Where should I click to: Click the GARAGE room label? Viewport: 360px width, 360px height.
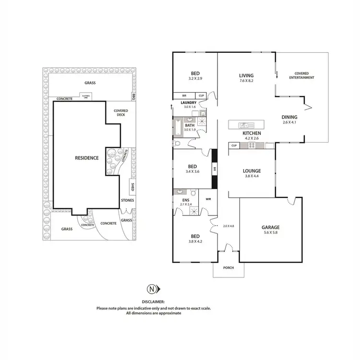click(x=271, y=228)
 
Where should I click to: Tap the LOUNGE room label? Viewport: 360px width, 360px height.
click(x=252, y=170)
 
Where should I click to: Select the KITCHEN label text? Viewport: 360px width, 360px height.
click(x=252, y=132)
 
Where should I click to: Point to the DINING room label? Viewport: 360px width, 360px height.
click(x=289, y=117)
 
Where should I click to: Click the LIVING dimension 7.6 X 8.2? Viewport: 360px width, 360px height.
click(x=246, y=81)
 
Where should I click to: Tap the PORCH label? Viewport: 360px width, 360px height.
click(x=228, y=267)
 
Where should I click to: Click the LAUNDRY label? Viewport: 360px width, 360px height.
click(x=188, y=103)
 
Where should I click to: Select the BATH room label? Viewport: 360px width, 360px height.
click(x=190, y=125)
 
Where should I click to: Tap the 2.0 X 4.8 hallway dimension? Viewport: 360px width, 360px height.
click(x=228, y=226)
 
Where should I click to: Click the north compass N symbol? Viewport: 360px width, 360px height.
click(x=152, y=289)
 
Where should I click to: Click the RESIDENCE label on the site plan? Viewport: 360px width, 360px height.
click(x=86, y=157)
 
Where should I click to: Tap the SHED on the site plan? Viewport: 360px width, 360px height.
click(x=132, y=186)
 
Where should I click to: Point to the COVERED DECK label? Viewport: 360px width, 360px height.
click(x=120, y=113)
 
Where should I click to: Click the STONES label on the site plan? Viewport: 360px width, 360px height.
click(x=128, y=200)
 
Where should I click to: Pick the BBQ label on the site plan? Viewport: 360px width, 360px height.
click(x=134, y=96)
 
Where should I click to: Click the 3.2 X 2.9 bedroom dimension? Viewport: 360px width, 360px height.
click(x=195, y=78)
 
